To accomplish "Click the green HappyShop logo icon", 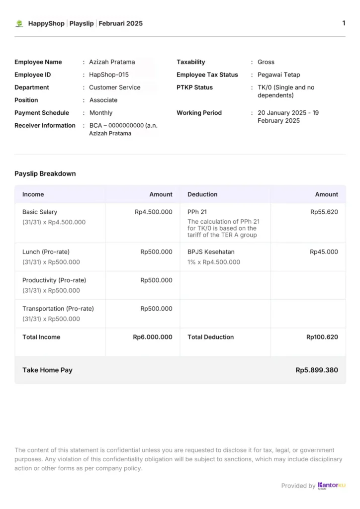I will (19, 23).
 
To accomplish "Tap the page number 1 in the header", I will (344, 23).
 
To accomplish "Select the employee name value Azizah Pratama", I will (112, 62).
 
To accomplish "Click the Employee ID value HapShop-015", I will (109, 75).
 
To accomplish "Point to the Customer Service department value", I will (115, 87).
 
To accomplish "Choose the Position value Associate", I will (103, 100).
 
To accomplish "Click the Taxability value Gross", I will (266, 62).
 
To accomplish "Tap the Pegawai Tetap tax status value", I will (279, 75).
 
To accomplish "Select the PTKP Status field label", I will (194, 87).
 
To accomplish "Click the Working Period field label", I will (199, 113).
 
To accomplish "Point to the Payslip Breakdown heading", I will (45, 174).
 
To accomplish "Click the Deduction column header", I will (202, 194).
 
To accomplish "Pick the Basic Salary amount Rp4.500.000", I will (154, 212).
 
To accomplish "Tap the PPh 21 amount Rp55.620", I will (324, 212).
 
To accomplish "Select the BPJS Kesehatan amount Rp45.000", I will (324, 252).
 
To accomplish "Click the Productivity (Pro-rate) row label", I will (54, 280).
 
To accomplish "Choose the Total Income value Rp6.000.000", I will (153, 337).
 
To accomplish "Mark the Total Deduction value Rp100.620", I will (322, 337).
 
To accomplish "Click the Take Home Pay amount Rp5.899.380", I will (317, 370).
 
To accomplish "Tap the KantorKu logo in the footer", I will (331, 486).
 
